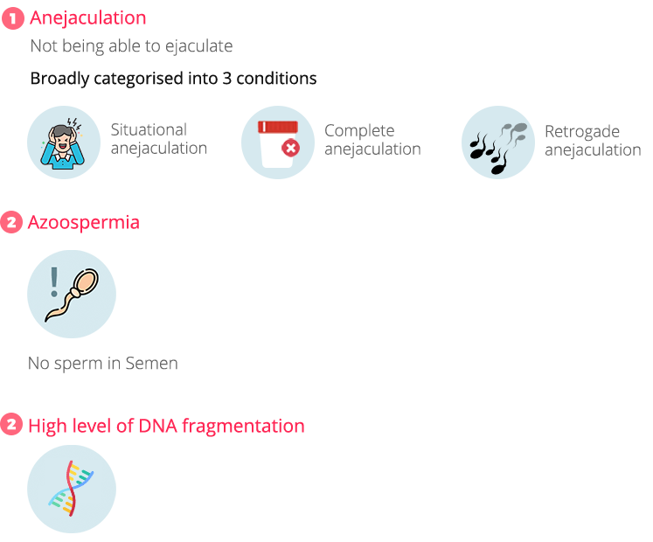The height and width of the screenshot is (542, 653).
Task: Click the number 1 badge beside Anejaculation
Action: [12, 17]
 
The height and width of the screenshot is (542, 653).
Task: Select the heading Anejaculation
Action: [87, 17]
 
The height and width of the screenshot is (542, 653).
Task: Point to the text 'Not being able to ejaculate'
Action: [131, 46]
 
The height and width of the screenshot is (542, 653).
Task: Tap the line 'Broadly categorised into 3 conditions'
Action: [173, 79]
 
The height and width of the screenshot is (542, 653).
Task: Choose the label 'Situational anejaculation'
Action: [158, 139]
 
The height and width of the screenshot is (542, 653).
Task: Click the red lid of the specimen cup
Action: [277, 127]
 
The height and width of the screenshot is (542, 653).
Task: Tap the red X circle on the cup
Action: [290, 149]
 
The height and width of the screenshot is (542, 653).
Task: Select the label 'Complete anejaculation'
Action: [372, 140]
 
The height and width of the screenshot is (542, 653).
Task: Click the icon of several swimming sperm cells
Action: [497, 143]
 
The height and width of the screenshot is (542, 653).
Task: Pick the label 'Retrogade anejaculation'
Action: [592, 141]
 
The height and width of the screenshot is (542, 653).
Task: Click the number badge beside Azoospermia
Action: [11, 222]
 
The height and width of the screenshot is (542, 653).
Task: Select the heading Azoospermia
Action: [84, 222]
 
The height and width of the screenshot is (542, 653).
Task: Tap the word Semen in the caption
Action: [152, 364]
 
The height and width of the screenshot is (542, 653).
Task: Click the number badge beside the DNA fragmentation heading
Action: [11, 426]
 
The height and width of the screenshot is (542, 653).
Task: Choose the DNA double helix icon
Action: [71, 489]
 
